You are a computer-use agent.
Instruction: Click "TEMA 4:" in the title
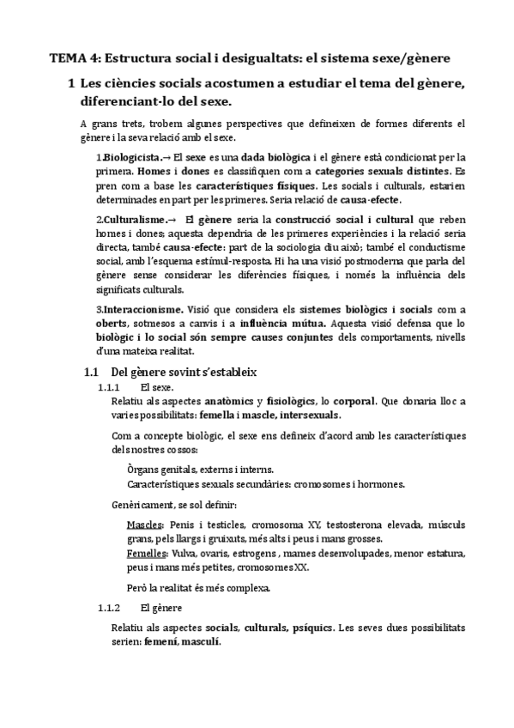tap(72, 58)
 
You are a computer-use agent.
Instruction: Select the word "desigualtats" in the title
tap(255, 58)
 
